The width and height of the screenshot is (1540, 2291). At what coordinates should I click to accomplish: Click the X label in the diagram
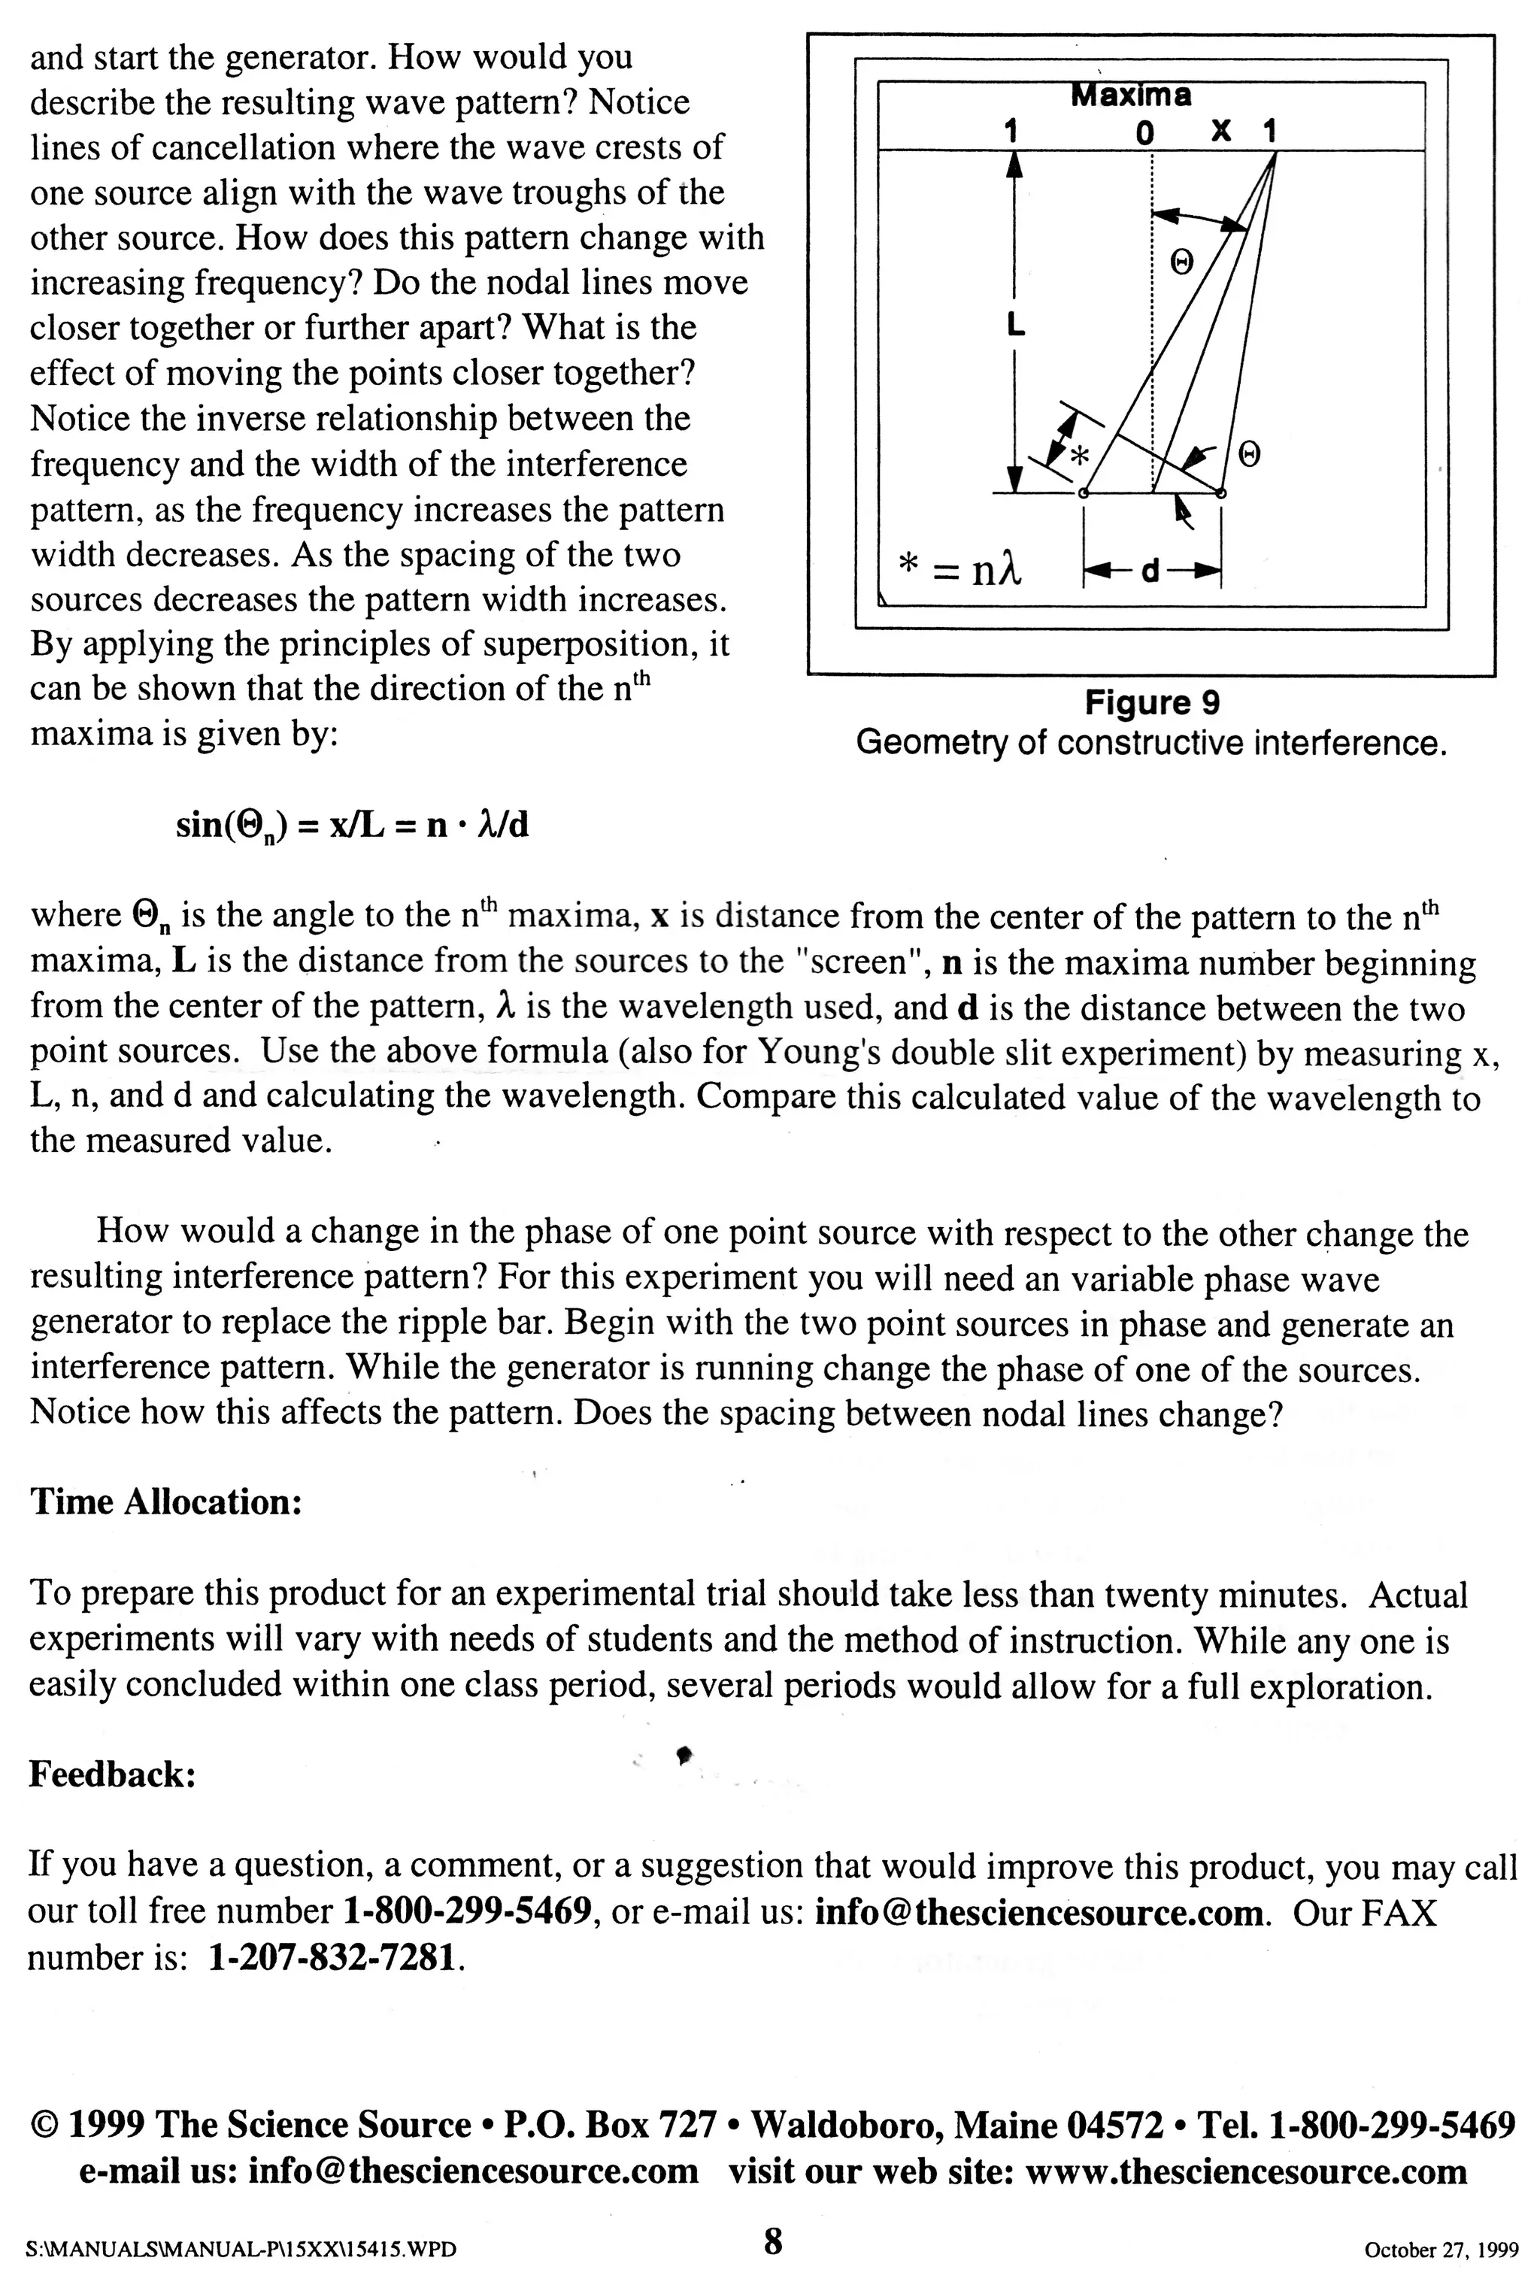coord(1221,131)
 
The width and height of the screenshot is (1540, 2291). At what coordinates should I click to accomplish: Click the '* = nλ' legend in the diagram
coord(960,568)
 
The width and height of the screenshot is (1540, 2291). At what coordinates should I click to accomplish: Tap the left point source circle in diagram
coord(1084,493)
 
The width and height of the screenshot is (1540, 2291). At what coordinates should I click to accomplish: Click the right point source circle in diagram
coord(1221,493)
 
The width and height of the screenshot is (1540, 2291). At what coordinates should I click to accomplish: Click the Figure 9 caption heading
coord(1151,703)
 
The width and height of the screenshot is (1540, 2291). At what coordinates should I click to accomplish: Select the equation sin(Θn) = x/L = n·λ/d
coord(352,826)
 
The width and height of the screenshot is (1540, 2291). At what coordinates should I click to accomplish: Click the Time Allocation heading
coord(165,1502)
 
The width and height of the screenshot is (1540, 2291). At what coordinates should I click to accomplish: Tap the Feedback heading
coord(112,1774)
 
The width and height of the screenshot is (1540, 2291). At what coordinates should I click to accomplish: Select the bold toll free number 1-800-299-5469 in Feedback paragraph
coord(468,1913)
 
